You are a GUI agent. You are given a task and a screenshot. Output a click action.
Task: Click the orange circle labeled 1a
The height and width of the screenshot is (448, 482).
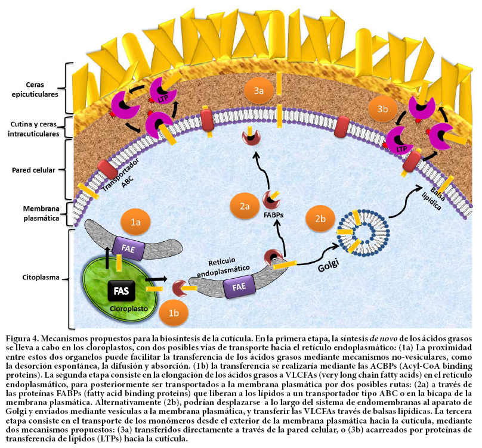click(136, 222)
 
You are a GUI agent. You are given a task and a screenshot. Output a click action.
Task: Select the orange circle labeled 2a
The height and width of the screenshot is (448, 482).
click(245, 206)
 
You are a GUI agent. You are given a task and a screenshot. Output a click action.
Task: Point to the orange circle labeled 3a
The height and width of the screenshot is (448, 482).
click(258, 92)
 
